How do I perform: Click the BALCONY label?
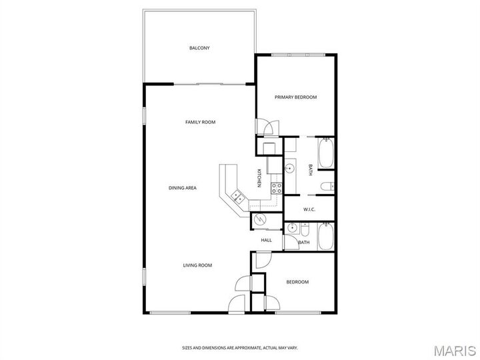coord(199,48)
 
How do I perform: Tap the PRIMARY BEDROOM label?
coord(296,97)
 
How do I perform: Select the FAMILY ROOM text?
coord(200,122)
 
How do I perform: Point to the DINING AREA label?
coord(182,188)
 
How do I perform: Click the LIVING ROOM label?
coord(197,265)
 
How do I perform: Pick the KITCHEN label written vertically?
coord(259,179)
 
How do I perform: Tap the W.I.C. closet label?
coord(309,210)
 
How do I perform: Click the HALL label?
coord(266,240)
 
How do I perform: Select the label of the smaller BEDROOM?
coord(297,282)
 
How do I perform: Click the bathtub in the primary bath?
coord(326,154)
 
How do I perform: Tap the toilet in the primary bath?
coord(326,186)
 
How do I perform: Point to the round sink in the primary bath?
coord(291,169)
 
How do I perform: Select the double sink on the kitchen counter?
coord(237,196)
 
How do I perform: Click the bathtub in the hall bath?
coord(325,236)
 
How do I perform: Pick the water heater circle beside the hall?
coord(260,220)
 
